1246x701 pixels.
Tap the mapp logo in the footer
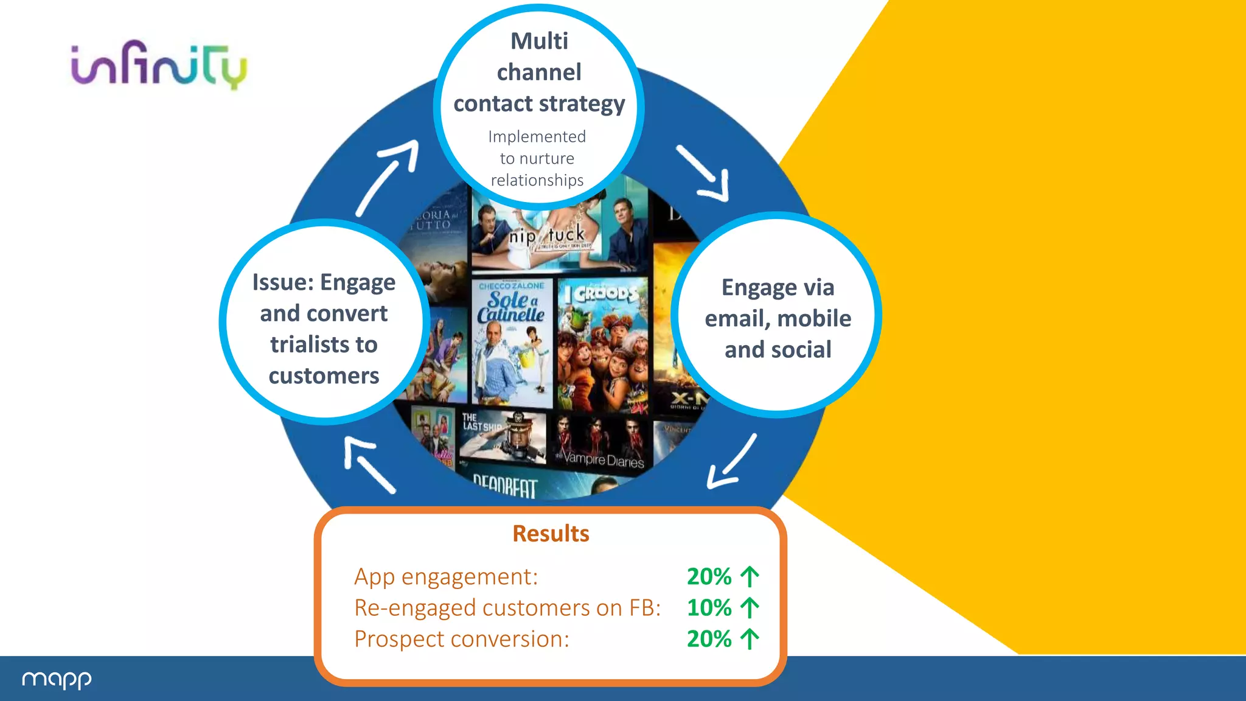[x=57, y=679]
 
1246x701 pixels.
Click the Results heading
[x=551, y=534]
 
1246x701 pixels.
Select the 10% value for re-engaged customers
[x=709, y=608]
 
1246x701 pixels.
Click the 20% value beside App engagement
[x=709, y=576]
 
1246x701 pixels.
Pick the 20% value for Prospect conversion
[x=709, y=639]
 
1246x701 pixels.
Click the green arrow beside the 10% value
[x=750, y=608]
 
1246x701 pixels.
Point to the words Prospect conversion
[x=461, y=639]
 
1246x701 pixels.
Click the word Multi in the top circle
[x=539, y=41]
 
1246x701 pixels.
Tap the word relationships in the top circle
[x=537, y=180]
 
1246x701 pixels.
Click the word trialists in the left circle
[x=324, y=344]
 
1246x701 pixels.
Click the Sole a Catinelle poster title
[x=510, y=307]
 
